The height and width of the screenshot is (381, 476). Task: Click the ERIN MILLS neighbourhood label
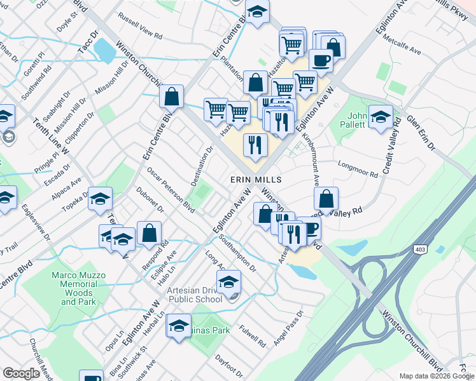(255, 180)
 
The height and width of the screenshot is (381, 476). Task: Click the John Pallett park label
(357, 120)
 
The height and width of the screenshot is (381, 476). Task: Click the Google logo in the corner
(22, 373)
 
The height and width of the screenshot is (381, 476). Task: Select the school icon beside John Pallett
(381, 118)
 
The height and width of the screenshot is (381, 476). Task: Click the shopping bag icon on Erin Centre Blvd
(171, 98)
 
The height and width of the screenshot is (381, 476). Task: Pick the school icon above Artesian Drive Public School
(229, 282)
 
